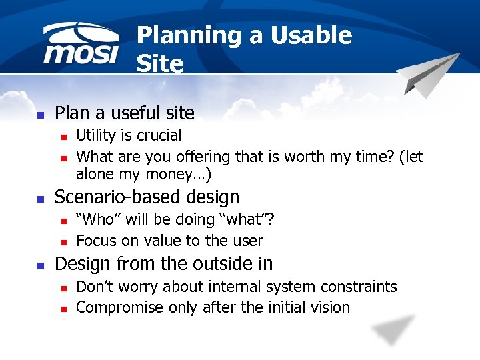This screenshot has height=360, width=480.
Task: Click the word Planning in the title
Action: click(x=188, y=35)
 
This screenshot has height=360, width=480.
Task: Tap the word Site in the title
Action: click(x=159, y=63)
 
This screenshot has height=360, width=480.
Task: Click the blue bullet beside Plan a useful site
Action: click(x=40, y=114)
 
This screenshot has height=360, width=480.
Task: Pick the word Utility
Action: click(x=96, y=136)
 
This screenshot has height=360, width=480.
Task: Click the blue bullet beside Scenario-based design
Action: click(x=40, y=198)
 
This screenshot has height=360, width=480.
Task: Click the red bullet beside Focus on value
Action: click(x=63, y=241)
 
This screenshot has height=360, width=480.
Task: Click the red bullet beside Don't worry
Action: click(x=63, y=287)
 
